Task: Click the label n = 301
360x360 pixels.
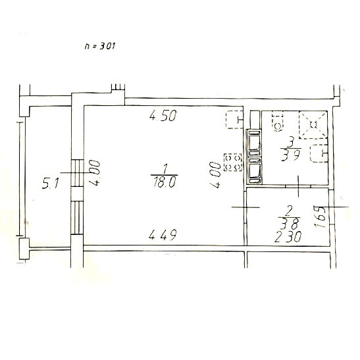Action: click(99, 45)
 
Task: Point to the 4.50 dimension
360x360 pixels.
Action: click(163, 115)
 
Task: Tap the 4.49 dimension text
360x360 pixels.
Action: click(163, 235)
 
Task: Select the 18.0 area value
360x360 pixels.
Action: click(165, 183)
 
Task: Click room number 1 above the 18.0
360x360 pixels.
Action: click(165, 168)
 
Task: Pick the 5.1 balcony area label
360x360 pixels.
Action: click(51, 184)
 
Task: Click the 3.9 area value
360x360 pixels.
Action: click(290, 155)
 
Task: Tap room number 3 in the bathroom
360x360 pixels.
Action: click(291, 142)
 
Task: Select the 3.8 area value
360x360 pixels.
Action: click(289, 224)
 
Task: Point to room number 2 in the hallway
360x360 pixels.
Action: click(289, 211)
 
